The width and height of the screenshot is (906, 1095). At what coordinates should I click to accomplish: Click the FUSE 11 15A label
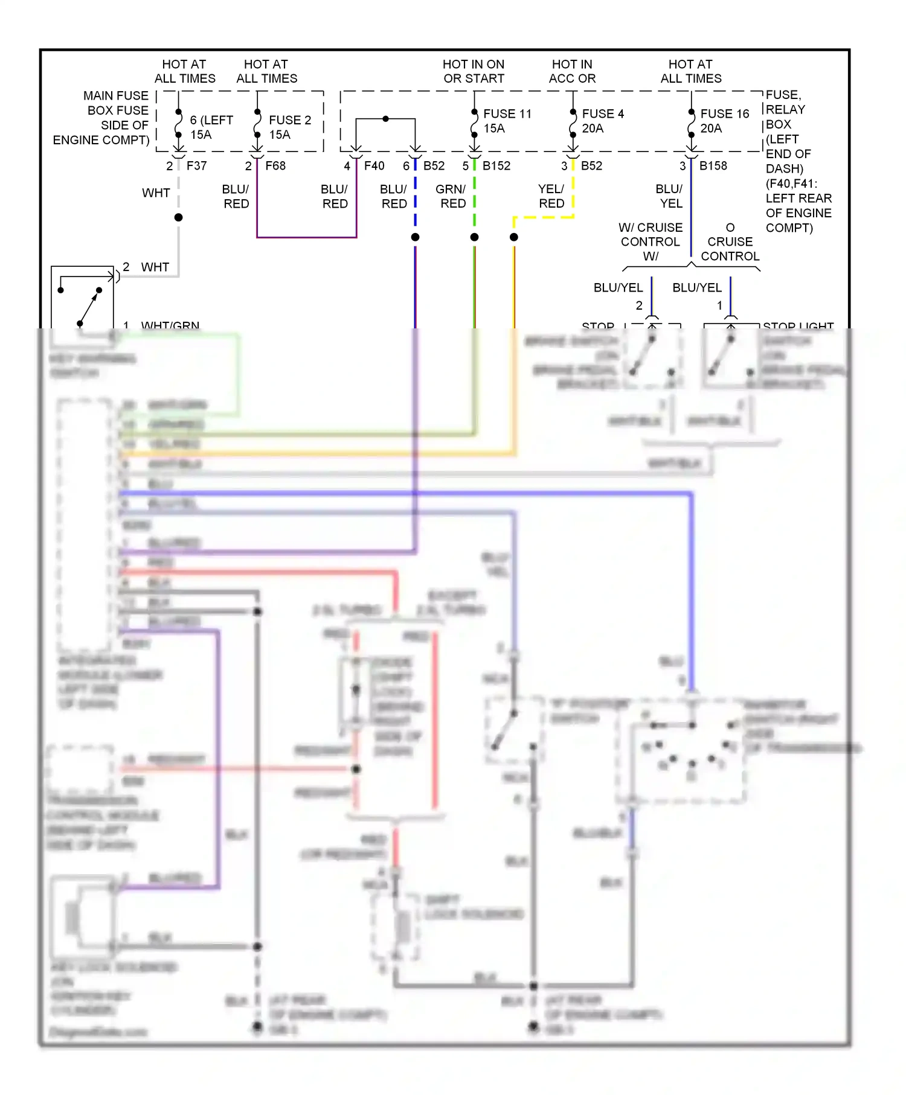(x=507, y=121)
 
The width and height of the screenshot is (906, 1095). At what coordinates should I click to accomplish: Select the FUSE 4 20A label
(x=602, y=121)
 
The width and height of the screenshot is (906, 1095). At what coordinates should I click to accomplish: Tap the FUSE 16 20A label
(x=724, y=121)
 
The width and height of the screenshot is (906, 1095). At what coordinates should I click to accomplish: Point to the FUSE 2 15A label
(x=289, y=127)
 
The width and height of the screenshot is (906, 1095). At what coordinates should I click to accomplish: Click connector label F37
(x=196, y=165)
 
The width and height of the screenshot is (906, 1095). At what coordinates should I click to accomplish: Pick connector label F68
(x=275, y=165)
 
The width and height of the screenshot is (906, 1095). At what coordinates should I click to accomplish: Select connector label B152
(x=496, y=165)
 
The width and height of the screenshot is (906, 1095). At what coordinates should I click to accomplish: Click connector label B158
(x=713, y=165)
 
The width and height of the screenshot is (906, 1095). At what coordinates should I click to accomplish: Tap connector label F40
(x=374, y=165)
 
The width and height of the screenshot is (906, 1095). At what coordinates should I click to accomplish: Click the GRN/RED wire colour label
(x=451, y=196)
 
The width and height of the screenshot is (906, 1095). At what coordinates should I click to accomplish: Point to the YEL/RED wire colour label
(x=551, y=196)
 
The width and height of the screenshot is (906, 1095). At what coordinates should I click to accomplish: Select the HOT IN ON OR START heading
(x=474, y=71)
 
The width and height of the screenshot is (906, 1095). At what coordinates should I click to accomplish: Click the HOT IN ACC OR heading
(x=572, y=71)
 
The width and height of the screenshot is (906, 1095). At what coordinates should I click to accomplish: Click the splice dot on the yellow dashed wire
(x=514, y=237)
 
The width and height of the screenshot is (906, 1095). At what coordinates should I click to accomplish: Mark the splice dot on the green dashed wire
(x=475, y=237)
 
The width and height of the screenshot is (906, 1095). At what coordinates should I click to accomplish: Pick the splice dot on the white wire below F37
(x=179, y=217)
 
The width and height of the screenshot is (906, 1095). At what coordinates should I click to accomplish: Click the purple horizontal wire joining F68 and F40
(x=307, y=237)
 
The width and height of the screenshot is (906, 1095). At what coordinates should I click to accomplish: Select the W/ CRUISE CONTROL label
(x=651, y=241)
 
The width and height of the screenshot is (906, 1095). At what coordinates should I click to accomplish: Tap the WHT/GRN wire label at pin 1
(x=170, y=325)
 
